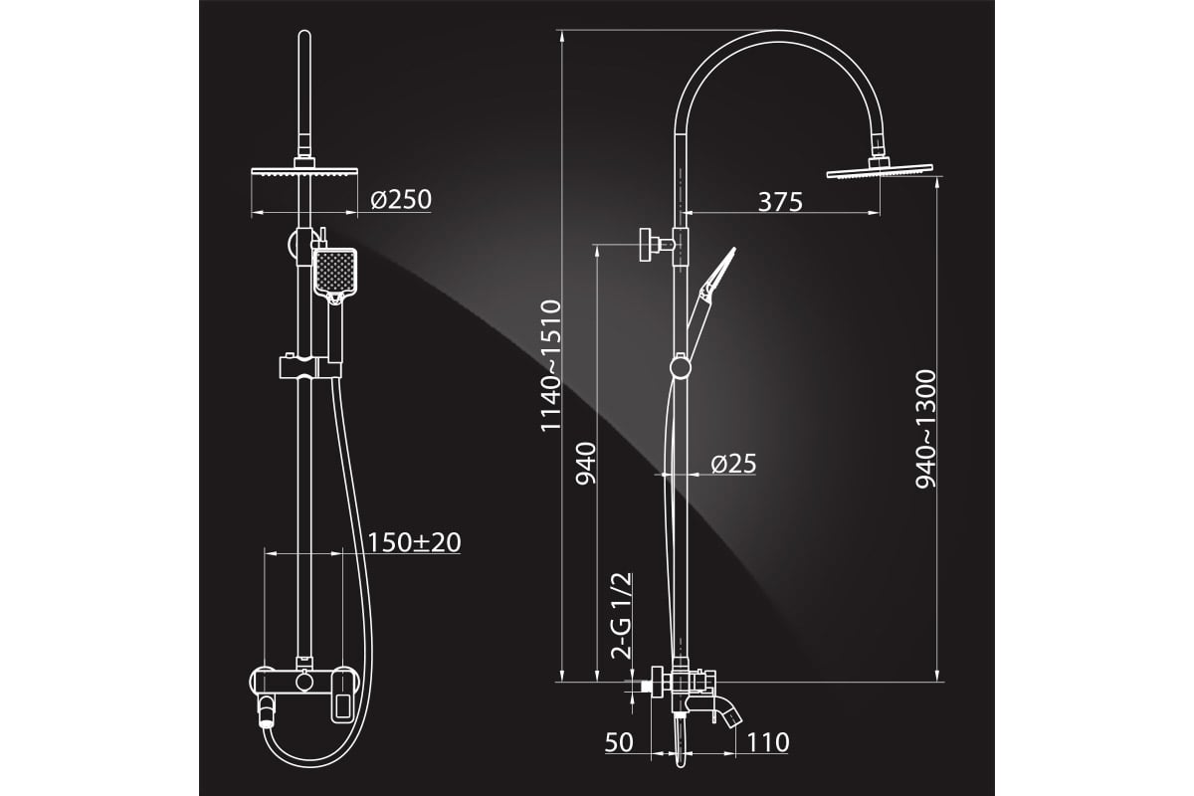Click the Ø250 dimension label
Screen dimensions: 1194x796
(x=401, y=200)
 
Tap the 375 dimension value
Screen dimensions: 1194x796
(x=780, y=202)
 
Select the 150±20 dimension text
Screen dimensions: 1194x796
(x=414, y=542)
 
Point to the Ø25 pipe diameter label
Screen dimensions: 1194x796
(x=733, y=464)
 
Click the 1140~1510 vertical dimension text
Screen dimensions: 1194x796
(x=551, y=365)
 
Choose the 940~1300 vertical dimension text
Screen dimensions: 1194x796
(x=925, y=429)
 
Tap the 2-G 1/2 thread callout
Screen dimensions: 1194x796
(x=622, y=616)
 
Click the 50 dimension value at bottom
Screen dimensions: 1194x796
(x=619, y=742)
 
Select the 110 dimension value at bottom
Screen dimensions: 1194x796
(x=767, y=742)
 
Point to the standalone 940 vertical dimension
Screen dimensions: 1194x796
(x=586, y=463)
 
